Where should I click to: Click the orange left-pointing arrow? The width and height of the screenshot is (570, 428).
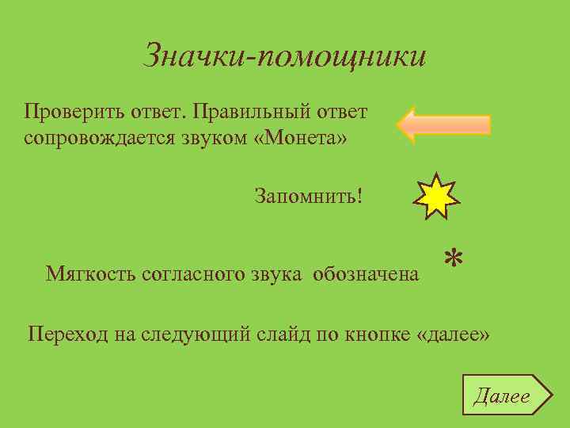tap(443, 125)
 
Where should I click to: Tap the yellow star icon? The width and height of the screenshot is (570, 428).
tap(435, 195)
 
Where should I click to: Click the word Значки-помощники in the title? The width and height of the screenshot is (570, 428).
tap(285, 55)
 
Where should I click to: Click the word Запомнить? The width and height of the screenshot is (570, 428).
tap(309, 195)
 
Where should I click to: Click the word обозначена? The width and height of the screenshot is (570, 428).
tap(366, 274)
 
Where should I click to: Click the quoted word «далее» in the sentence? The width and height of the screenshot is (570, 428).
tap(453, 334)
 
